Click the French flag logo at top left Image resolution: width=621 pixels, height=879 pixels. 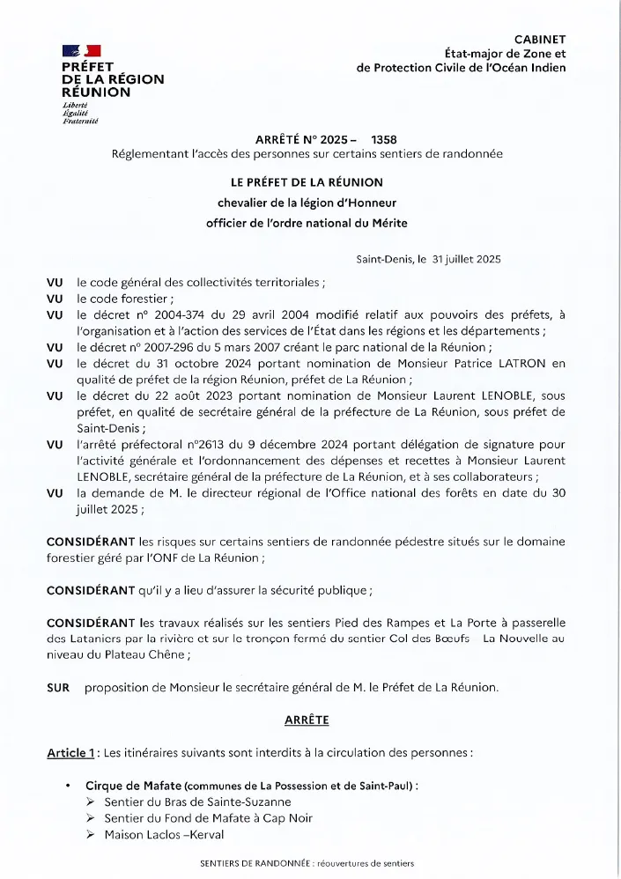tap(81, 51)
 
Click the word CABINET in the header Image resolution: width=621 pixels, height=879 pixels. tap(540, 39)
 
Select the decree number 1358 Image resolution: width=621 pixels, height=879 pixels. tap(385, 140)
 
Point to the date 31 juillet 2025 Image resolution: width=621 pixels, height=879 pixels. tap(466, 259)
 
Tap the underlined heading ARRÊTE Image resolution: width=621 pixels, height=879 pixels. tap(307, 720)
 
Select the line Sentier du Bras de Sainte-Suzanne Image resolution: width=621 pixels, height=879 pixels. tap(197, 801)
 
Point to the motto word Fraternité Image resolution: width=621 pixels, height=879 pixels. tap(80, 121)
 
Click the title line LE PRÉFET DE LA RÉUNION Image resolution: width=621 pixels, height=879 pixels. tap(307, 182)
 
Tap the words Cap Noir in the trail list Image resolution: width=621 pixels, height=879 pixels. tap(288, 817)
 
